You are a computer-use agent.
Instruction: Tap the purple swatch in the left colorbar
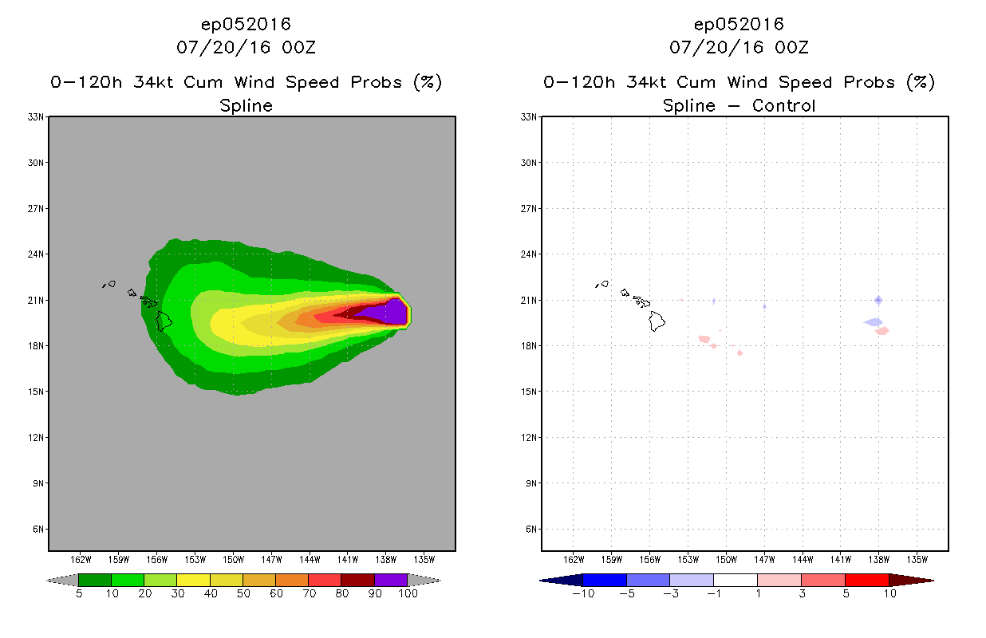click(x=391, y=580)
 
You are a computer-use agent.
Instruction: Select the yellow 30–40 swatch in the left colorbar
click(x=193, y=580)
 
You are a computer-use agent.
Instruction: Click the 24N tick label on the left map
click(x=36, y=254)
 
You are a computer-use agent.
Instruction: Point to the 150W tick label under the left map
click(x=233, y=560)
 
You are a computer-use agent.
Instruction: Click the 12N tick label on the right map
click(x=529, y=437)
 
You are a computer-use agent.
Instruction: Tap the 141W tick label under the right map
click(x=841, y=560)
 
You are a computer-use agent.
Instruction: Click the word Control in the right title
click(x=784, y=105)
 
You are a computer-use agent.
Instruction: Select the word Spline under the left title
click(x=246, y=105)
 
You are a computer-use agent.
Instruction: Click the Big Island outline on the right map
click(x=657, y=321)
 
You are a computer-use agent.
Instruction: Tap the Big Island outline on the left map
click(x=164, y=321)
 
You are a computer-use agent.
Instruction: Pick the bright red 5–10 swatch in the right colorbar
click(x=867, y=580)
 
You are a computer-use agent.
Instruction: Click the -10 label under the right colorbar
click(x=583, y=593)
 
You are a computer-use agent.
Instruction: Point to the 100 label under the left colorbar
click(x=408, y=593)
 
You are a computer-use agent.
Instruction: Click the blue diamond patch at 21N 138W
click(x=878, y=301)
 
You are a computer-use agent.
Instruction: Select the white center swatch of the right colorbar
click(x=736, y=580)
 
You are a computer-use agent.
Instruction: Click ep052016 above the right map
click(x=739, y=25)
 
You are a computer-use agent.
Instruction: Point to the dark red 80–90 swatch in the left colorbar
click(x=358, y=580)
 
